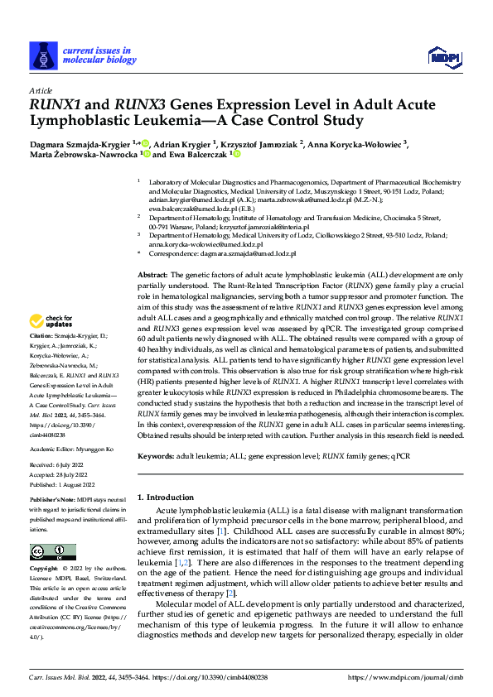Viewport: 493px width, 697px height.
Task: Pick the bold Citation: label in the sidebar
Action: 43,338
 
